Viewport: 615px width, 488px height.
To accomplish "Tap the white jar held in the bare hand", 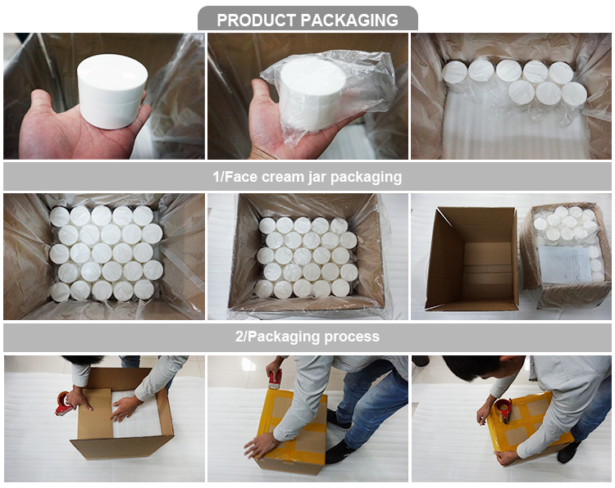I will [112, 90].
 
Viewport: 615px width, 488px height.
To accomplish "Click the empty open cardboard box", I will [471, 258].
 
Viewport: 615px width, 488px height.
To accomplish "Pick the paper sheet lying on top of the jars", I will [563, 264].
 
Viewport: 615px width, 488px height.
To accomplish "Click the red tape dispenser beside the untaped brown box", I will [63, 403].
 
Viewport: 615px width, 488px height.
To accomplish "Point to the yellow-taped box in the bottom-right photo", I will [525, 426].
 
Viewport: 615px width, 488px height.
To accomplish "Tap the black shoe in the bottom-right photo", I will [568, 451].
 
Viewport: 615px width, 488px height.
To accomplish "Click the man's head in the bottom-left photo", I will [81, 359].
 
